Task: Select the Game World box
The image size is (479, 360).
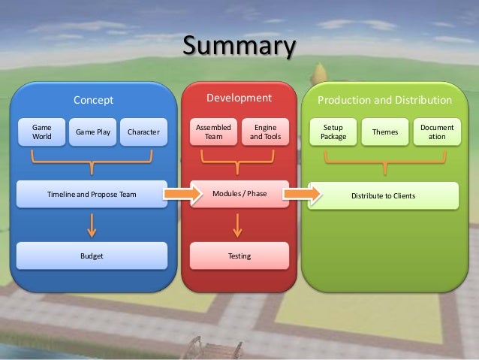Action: [x=42, y=132]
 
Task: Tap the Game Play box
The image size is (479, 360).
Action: [x=92, y=132]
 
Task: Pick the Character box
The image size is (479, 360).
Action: [x=143, y=132]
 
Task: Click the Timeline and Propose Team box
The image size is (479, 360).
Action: [x=92, y=194]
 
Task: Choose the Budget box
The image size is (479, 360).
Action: [x=92, y=256]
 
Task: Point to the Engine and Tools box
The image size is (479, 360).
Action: [x=266, y=132]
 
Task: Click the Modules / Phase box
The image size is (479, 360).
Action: [x=239, y=194]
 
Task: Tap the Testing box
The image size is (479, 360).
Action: [x=239, y=256]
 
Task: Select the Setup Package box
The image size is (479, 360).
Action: [x=333, y=132]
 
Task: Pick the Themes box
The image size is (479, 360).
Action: [x=385, y=132]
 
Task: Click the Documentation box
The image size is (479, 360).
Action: [x=437, y=132]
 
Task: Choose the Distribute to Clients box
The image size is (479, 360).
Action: [x=384, y=195]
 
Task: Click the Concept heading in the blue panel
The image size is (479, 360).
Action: [x=92, y=99]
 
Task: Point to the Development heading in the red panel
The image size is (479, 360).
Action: [x=239, y=98]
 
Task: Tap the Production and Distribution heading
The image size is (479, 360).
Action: [x=384, y=99]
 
